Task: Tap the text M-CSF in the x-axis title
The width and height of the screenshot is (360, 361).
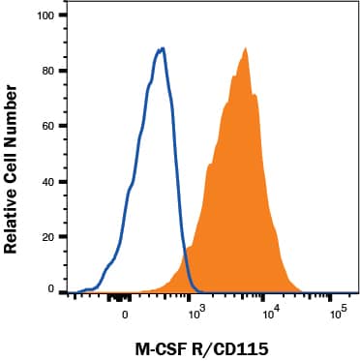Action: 159,345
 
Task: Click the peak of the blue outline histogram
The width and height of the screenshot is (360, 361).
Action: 163,48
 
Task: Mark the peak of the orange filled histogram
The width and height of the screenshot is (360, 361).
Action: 246,48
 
